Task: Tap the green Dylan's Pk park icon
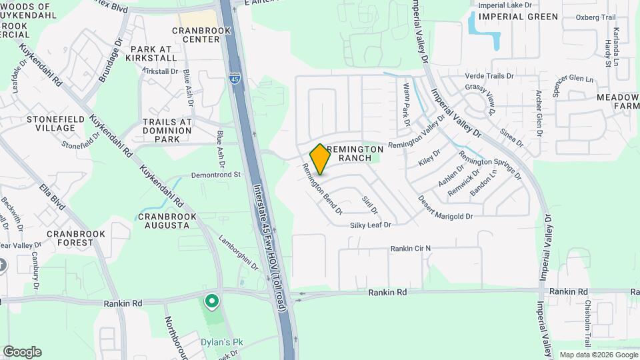[x=212, y=302]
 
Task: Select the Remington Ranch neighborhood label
[x=355, y=153]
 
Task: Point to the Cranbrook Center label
[x=196, y=35]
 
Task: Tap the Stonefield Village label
[x=50, y=123]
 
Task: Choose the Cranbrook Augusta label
[x=167, y=221]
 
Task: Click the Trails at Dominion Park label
[x=167, y=131]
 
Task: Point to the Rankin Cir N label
[x=411, y=249]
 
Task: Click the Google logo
[x=22, y=352]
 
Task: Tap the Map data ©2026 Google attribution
[x=597, y=355]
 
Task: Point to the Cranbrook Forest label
[x=70, y=239]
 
